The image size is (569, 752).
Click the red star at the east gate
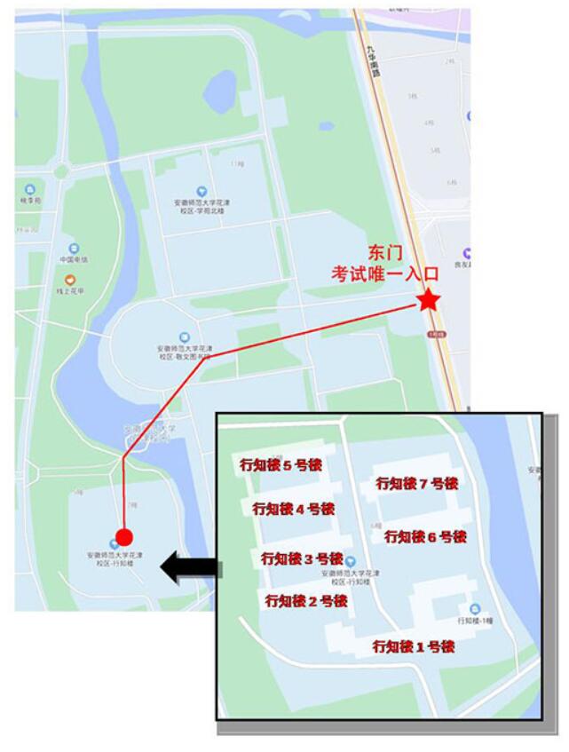(x=429, y=300)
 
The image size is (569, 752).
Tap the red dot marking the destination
(x=125, y=537)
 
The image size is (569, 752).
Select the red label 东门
(x=386, y=253)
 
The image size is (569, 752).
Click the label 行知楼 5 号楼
(x=281, y=463)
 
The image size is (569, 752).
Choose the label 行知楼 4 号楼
(x=293, y=509)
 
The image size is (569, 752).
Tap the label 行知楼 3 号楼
(x=301, y=558)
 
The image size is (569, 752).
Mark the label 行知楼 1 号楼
(x=414, y=646)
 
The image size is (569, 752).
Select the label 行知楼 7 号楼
(x=416, y=484)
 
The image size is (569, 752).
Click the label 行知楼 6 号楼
(x=424, y=536)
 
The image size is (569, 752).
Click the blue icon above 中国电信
(x=73, y=249)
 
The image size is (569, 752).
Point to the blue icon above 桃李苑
(x=30, y=189)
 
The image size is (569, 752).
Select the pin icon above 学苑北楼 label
(x=202, y=191)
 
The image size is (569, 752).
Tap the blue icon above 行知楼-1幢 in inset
(x=475, y=608)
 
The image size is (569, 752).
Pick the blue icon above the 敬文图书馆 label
(x=184, y=337)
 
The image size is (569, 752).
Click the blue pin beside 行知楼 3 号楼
(x=351, y=562)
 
